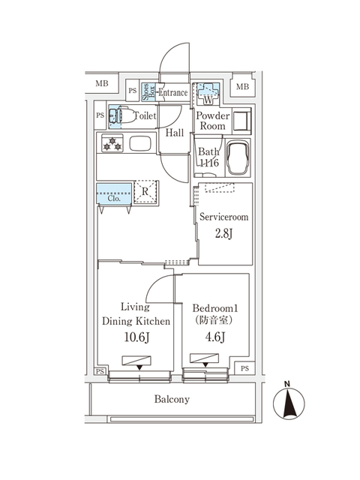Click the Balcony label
(172, 400)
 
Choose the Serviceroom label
(225, 217)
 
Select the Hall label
(175, 133)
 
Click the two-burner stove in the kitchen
(112, 143)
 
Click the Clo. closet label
(114, 199)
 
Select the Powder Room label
(211, 121)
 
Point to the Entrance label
(172, 93)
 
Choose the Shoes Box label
(148, 91)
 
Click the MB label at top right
(242, 88)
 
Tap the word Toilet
(144, 116)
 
